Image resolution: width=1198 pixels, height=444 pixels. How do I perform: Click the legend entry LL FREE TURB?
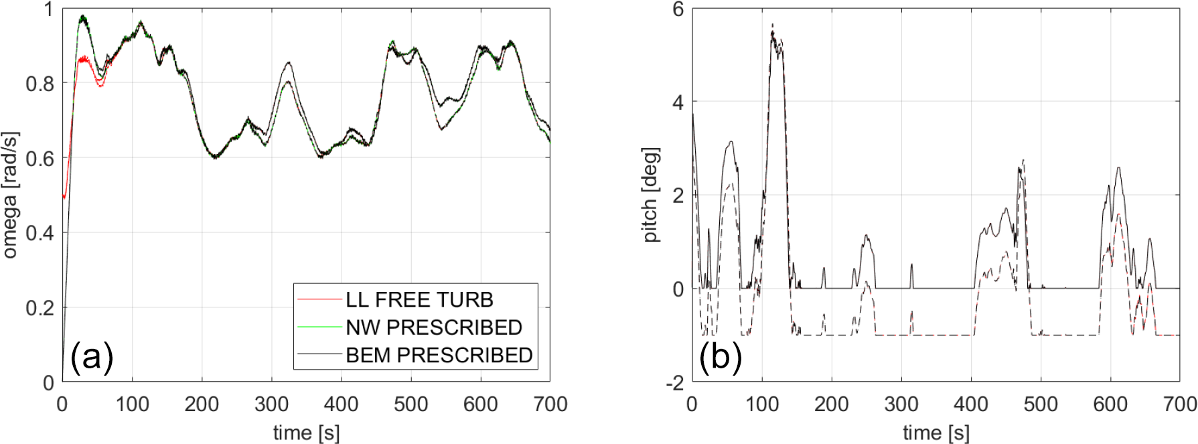click(x=419, y=299)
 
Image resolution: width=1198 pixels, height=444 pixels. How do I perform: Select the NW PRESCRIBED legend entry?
click(x=433, y=327)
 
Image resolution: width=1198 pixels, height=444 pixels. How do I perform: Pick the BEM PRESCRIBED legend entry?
click(x=439, y=355)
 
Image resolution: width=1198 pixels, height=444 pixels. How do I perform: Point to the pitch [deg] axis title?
click(x=650, y=195)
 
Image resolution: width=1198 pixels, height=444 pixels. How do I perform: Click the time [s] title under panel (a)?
click(x=306, y=433)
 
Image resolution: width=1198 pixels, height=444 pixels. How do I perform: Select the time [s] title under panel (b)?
click(x=935, y=433)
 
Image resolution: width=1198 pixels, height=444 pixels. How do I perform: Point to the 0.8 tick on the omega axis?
click(x=40, y=84)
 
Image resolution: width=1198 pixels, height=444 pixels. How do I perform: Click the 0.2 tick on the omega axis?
click(x=40, y=308)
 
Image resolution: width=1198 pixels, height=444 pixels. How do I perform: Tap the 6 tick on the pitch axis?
click(x=678, y=9)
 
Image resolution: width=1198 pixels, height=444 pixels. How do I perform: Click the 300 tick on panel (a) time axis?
click(x=271, y=404)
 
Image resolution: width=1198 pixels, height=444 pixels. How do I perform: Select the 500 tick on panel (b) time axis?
click(x=1041, y=404)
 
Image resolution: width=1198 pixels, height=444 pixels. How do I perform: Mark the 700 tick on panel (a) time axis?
click(x=550, y=404)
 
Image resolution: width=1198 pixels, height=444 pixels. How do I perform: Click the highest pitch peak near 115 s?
click(x=773, y=25)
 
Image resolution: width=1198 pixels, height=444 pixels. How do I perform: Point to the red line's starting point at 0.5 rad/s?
click(x=64, y=197)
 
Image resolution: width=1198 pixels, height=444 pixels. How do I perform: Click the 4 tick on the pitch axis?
click(x=678, y=102)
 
